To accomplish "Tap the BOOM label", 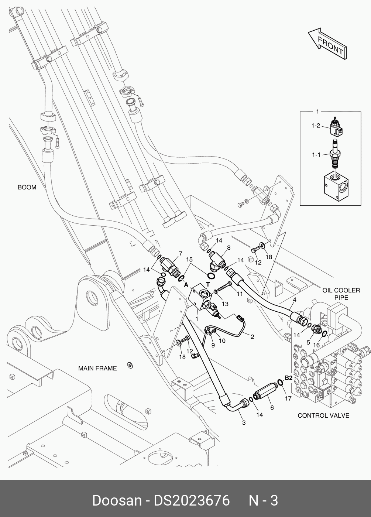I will pyautogui.click(x=27, y=187).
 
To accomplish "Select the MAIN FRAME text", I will pyautogui.click(x=97, y=368).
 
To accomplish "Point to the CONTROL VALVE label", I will pyautogui.click(x=323, y=415).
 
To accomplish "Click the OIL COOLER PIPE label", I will pyautogui.click(x=341, y=294).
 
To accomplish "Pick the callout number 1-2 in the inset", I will pyautogui.click(x=316, y=126).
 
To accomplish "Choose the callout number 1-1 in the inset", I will pyautogui.click(x=316, y=155).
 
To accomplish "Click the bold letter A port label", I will pyautogui.click(x=186, y=285).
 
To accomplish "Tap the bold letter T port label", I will pyautogui.click(x=208, y=284).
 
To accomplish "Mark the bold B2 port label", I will pyautogui.click(x=289, y=378).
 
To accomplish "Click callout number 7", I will pyautogui.click(x=180, y=253).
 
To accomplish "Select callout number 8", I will pyautogui.click(x=229, y=248).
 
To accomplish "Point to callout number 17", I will pyautogui.click(x=288, y=398).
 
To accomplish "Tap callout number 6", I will pyautogui.click(x=272, y=408).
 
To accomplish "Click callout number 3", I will pyautogui.click(x=244, y=423).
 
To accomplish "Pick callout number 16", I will pyautogui.click(x=316, y=345).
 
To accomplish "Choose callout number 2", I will pyautogui.click(x=252, y=336).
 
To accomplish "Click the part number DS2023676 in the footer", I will pyautogui.click(x=192, y=501).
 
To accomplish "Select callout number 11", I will pyautogui.click(x=240, y=294).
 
